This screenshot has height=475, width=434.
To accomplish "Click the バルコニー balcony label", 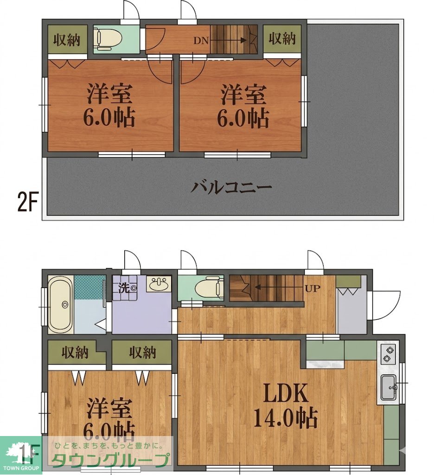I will pyautogui.click(x=231, y=187).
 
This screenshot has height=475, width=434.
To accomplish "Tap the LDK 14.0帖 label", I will pyautogui.click(x=286, y=406).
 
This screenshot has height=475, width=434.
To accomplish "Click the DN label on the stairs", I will pyautogui.click(x=201, y=40).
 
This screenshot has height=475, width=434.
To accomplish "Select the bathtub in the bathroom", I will pyautogui.click(x=61, y=304).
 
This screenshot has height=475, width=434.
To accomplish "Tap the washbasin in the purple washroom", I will pyautogui.click(x=160, y=283).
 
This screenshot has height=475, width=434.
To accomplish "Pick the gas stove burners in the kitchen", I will pyautogui.click(x=388, y=355).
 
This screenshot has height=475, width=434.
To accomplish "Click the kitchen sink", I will pyautogui.click(x=388, y=387).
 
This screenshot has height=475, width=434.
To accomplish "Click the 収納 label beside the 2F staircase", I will pyautogui.click(x=282, y=39).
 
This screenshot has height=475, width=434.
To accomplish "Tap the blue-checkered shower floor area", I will pyautogui.click(x=90, y=287).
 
